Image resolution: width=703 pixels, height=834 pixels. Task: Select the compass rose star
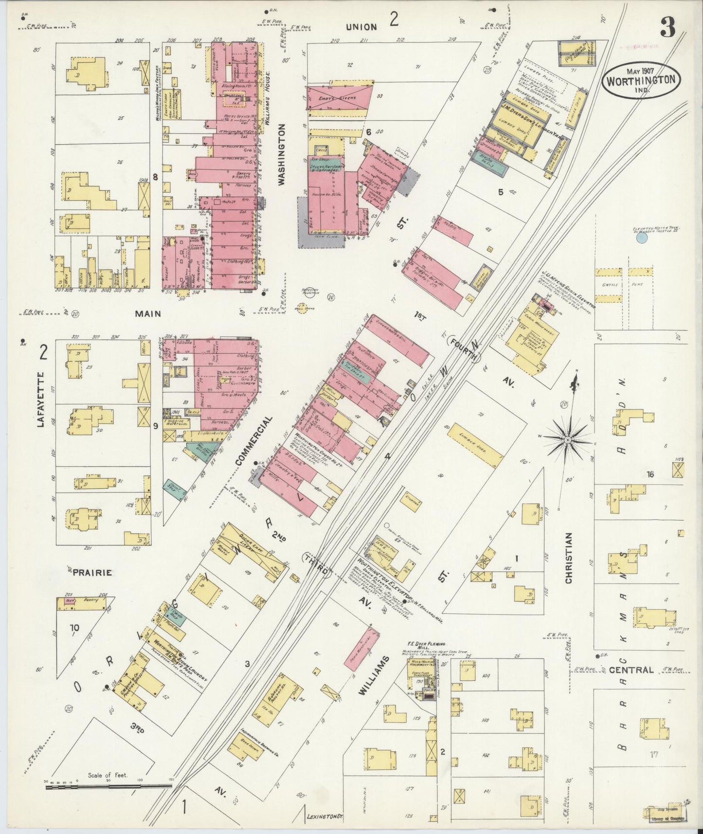[567, 439]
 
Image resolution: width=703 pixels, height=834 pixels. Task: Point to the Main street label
[148, 314]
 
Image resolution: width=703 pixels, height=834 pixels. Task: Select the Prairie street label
[92, 573]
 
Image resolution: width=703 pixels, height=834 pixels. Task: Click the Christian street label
[569, 558]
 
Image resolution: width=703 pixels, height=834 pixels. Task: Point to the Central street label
[631, 670]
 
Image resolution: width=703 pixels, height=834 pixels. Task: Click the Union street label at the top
[361, 27]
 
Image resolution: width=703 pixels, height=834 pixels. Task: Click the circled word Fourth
[463, 350]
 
